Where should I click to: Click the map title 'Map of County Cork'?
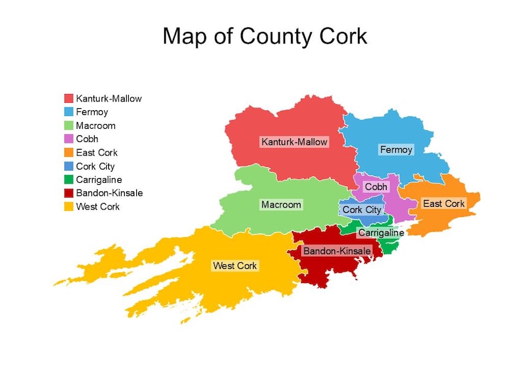[x=265, y=35]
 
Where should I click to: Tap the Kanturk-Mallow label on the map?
[x=294, y=142]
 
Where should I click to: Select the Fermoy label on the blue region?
[x=396, y=149]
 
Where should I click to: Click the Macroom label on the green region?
[x=281, y=204]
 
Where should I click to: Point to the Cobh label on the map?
[x=376, y=188]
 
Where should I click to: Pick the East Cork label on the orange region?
[x=444, y=204]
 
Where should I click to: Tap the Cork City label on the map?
[x=362, y=210]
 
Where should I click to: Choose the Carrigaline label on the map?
[x=380, y=233]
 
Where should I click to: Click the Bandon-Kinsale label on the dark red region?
[x=337, y=251]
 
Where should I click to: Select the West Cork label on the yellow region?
[x=235, y=266]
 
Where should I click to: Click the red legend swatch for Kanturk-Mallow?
[x=68, y=99]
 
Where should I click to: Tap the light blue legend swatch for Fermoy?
[x=68, y=112]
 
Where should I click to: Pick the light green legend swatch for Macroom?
[x=68, y=125]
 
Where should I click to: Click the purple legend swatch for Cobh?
[x=68, y=139]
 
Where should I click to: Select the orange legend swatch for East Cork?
[x=68, y=153]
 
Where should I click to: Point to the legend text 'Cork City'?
[x=95, y=166]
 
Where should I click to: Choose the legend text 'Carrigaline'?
[x=99, y=179]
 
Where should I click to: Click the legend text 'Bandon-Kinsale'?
[x=109, y=193]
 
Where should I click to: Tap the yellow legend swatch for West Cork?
[x=68, y=207]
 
